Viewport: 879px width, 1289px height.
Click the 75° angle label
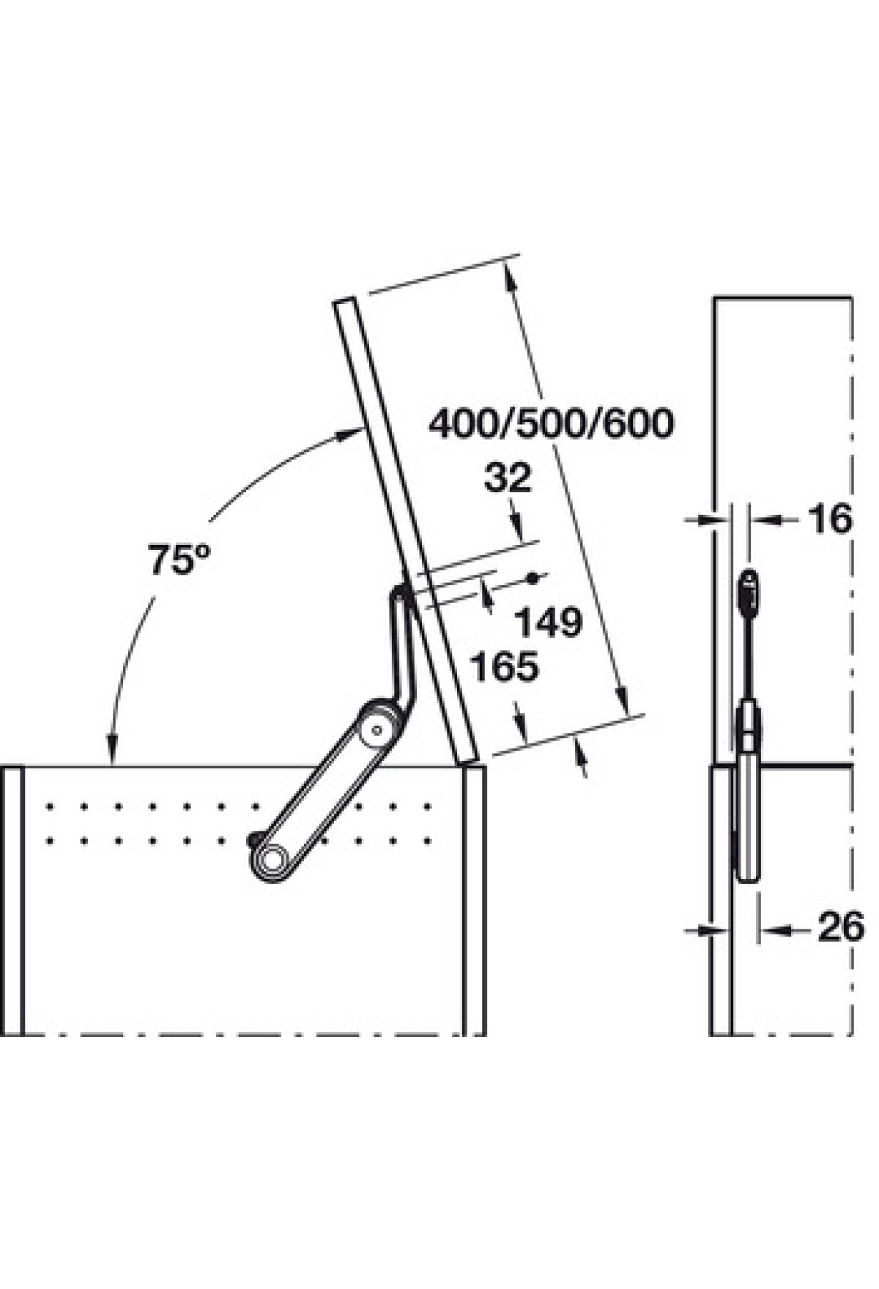(x=179, y=560)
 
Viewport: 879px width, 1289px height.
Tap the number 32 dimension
(x=508, y=479)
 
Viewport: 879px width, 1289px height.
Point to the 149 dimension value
(x=549, y=623)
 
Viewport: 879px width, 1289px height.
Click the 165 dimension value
(x=505, y=666)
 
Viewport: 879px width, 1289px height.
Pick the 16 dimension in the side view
(x=831, y=519)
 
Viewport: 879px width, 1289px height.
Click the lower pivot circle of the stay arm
(x=270, y=858)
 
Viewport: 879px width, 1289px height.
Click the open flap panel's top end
(x=344, y=302)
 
